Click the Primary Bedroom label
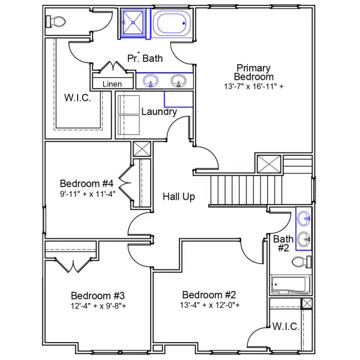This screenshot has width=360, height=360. click(253, 72)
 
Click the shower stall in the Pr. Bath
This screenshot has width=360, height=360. click(134, 24)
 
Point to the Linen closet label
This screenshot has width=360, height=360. click(112, 84)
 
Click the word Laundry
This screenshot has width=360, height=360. click(159, 112)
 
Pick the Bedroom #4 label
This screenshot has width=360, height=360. click(87, 183)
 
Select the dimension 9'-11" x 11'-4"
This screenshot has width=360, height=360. click(87, 194)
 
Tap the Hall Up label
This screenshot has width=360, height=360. click(179, 196)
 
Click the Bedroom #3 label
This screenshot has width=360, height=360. click(98, 295)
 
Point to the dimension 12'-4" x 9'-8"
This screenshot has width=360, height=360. click(98, 306)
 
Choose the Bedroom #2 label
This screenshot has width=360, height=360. click(209, 295)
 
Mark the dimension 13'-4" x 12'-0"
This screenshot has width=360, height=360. click(209, 305)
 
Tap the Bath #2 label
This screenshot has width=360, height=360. click(283, 243)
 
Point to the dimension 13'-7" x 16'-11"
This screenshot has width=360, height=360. click(253, 86)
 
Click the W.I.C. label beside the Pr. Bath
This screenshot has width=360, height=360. click(78, 98)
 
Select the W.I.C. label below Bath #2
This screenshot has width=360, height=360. click(285, 327)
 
